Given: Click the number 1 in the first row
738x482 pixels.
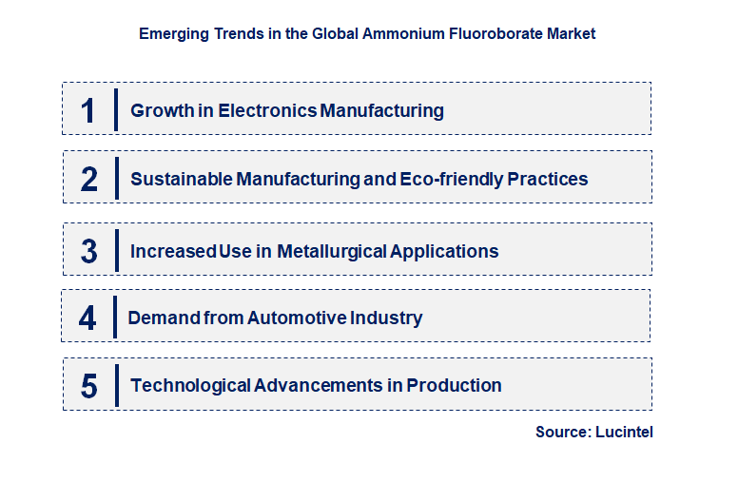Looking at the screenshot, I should point(87,110).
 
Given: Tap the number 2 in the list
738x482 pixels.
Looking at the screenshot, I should point(89,179).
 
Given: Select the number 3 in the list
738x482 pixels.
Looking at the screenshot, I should point(89,252).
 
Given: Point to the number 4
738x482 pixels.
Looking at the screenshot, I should point(87,318).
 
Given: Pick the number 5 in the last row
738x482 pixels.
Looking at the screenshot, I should point(89,386).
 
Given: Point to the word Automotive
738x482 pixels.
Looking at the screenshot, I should point(298,318).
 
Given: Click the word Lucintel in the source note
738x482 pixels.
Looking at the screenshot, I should point(624,433).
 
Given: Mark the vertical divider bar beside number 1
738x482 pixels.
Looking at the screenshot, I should point(115,109).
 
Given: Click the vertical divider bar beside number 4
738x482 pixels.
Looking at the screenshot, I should point(113,317).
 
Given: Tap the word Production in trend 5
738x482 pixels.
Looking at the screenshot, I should point(454,386).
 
